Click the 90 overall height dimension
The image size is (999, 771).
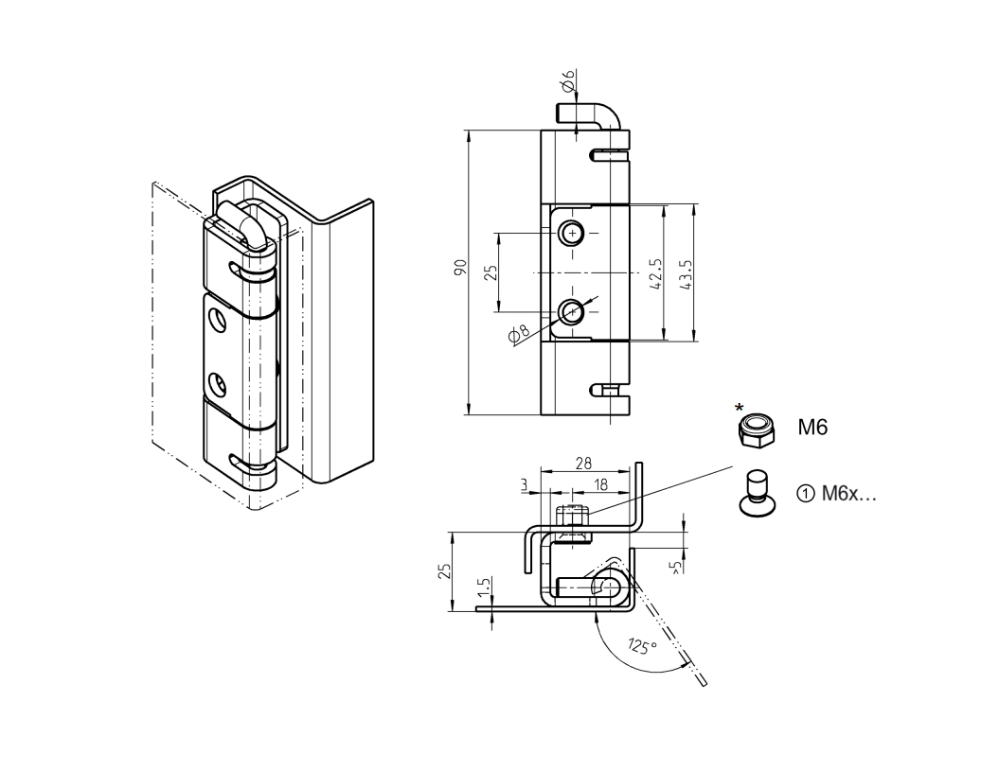[x=459, y=268]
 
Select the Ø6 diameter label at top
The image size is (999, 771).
[x=568, y=84]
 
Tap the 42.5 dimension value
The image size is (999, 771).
[x=657, y=273]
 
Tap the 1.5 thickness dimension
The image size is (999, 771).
[x=484, y=588]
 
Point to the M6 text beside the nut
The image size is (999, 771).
[x=812, y=428]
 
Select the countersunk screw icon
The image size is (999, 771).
[x=755, y=493]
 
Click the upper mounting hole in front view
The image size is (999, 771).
[x=571, y=233]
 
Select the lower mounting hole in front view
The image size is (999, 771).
[x=571, y=310]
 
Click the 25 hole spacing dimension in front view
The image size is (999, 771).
[x=491, y=272]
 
